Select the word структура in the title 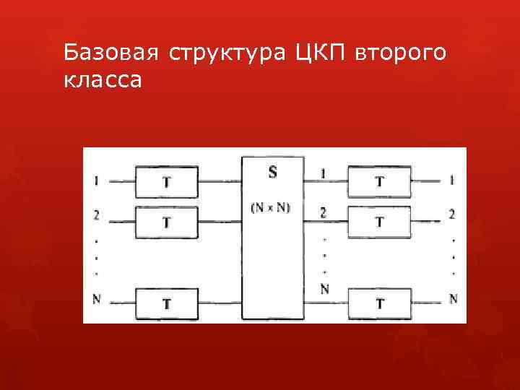point(228,54)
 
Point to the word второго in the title point(401,54)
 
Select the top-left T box point(167,182)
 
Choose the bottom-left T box point(167,304)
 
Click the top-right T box point(379,181)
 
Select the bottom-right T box point(379,303)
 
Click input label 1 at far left point(96,181)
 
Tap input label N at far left point(96,299)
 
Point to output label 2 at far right point(452,214)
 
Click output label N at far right point(453,298)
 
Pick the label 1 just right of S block point(323,173)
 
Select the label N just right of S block point(324,289)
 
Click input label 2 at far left point(96,214)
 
